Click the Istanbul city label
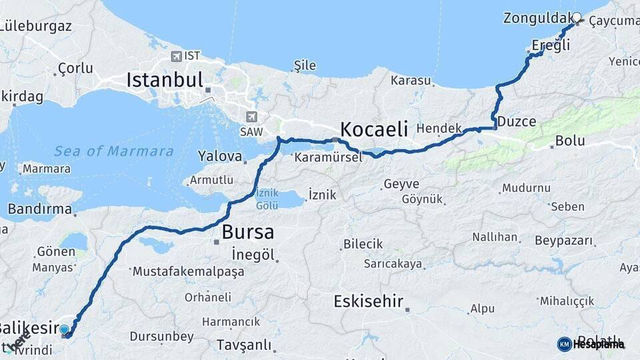point(164,81)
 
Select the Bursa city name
point(247,232)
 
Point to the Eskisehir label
point(369,301)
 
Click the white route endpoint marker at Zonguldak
point(577,17)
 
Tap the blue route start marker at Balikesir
point(64,329)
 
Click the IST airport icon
point(176,57)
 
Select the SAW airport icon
point(251,116)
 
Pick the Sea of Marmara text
point(113,151)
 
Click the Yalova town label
point(219,157)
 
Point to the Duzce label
point(517,121)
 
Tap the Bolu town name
point(570,141)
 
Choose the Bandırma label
point(39,209)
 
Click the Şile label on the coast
point(304,65)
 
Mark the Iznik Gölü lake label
point(267,199)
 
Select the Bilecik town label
point(363,244)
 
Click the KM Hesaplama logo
point(591,344)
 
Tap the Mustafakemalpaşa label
point(188,272)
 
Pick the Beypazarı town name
point(563,238)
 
